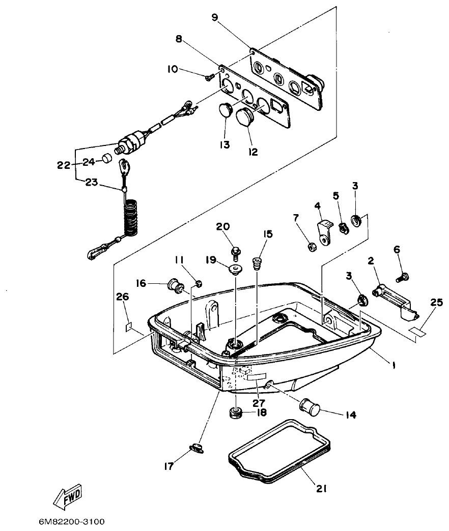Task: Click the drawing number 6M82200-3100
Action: [71, 522]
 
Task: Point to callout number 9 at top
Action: [215, 18]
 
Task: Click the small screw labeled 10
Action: [209, 77]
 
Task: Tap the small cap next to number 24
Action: [106, 159]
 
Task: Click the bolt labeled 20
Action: [235, 251]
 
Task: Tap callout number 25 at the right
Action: [436, 302]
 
